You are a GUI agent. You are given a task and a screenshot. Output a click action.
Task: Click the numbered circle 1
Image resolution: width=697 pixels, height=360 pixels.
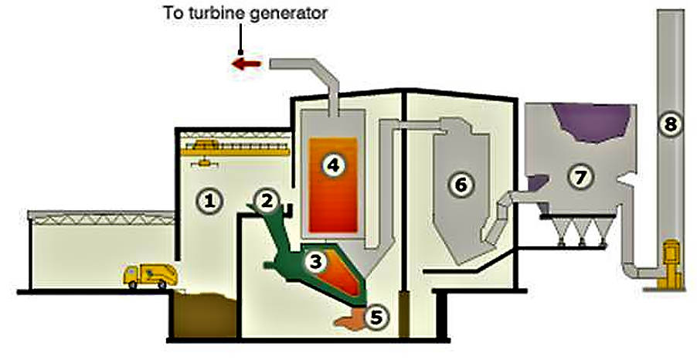(x=206, y=202)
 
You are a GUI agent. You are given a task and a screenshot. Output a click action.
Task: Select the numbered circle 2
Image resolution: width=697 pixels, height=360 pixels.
(x=267, y=201)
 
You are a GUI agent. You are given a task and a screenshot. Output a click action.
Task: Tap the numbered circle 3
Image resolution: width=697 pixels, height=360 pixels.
(x=314, y=262)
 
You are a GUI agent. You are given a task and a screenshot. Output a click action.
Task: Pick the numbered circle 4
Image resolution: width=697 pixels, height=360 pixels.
(x=332, y=164)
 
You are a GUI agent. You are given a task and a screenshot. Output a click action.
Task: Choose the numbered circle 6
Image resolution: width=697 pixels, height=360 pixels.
(x=461, y=184)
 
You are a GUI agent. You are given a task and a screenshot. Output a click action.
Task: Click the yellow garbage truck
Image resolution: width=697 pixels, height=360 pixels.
(x=149, y=275)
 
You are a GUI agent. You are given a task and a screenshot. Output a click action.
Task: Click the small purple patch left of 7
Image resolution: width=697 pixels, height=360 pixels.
(x=539, y=182)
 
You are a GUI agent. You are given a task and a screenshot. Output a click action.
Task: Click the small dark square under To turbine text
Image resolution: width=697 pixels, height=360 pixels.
(x=241, y=50)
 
